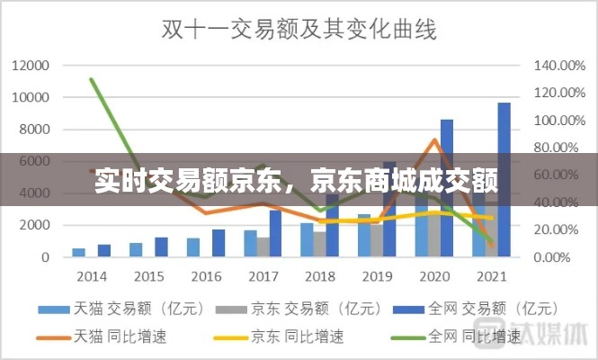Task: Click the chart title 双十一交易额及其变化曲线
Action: pyautogui.click(x=299, y=30)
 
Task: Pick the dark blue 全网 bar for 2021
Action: pyautogui.click(x=504, y=180)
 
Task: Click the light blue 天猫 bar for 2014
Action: pyautogui.click(x=79, y=252)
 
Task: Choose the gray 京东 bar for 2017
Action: pyautogui.click(x=263, y=247)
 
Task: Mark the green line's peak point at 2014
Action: pyautogui.click(x=92, y=79)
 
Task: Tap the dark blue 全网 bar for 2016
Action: pyautogui.click(x=219, y=243)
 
